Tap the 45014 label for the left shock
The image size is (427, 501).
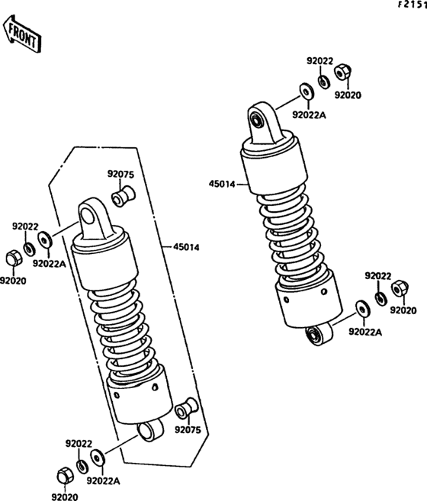click(187, 246)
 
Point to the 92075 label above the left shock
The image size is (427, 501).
click(120, 175)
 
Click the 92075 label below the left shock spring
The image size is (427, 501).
click(188, 429)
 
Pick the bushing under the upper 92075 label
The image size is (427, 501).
click(120, 199)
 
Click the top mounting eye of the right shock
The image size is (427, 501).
click(258, 119)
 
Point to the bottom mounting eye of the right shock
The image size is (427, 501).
click(313, 334)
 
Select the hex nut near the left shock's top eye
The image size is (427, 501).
click(13, 259)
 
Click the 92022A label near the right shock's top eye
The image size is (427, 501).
click(309, 114)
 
